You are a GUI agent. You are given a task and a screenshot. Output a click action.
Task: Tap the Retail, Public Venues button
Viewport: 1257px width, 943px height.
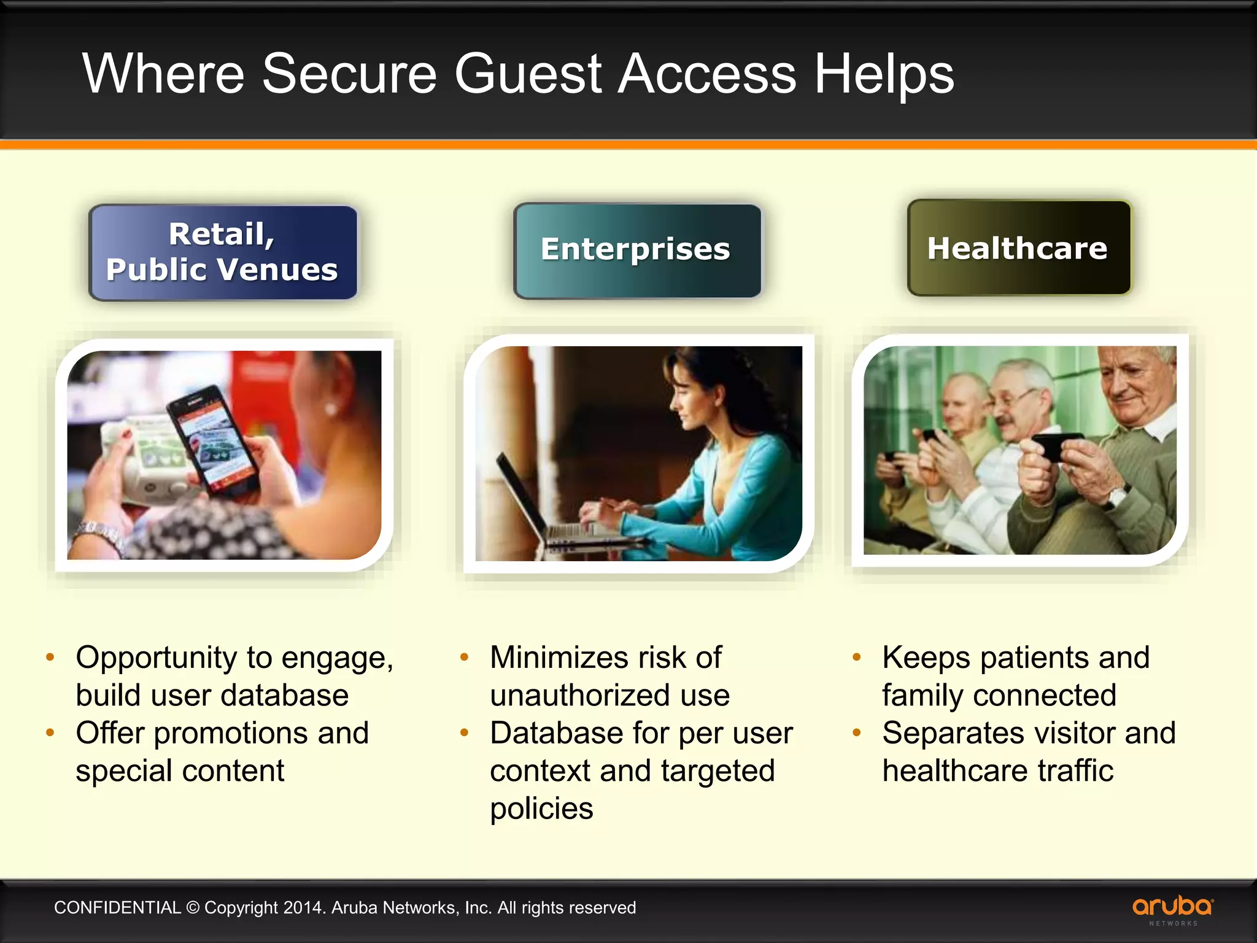tap(223, 252)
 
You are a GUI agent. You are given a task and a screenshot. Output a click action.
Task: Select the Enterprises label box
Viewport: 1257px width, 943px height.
tap(637, 250)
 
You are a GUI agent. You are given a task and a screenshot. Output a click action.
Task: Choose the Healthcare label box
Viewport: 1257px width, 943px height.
tap(1018, 248)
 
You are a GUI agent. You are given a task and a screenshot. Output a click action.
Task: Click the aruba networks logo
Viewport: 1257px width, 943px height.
tap(1172, 909)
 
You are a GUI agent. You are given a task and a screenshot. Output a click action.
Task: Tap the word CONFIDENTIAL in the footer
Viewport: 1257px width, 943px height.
tap(117, 907)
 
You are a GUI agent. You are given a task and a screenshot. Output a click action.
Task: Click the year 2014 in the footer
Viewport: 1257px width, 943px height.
tap(303, 907)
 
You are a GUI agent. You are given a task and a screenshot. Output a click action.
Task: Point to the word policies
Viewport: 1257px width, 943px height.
tap(541, 809)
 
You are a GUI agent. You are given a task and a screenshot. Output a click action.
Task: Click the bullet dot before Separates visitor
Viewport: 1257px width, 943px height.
tap(857, 732)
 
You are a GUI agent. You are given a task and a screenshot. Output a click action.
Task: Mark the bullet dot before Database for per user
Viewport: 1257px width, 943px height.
tap(465, 732)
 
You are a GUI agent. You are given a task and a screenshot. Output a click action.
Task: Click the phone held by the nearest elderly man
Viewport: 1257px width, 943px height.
tap(1057, 445)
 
